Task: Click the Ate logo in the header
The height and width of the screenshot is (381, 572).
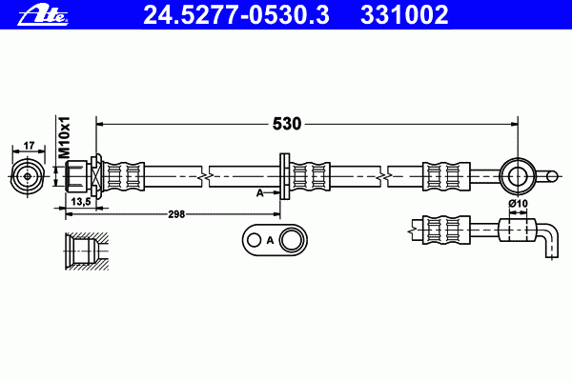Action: tap(43, 15)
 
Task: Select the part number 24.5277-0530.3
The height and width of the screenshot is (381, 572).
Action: tap(236, 15)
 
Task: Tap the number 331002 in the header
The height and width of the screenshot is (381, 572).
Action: tap(404, 15)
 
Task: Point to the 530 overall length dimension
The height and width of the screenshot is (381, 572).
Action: tap(287, 124)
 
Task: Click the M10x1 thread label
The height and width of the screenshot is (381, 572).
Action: tap(65, 138)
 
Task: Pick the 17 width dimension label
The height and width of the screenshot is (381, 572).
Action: tap(29, 146)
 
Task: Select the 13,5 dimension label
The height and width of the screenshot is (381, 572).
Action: tap(81, 202)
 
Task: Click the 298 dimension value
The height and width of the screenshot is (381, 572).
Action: tap(176, 214)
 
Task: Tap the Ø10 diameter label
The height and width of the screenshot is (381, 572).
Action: tap(518, 204)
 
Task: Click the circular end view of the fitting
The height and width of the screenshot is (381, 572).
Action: tap(28, 176)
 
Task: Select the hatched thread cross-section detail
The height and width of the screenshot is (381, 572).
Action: tap(87, 251)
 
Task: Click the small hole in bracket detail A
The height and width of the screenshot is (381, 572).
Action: tap(254, 240)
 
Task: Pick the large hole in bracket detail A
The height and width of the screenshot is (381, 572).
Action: tap(292, 240)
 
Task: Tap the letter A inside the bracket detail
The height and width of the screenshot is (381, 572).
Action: tap(270, 241)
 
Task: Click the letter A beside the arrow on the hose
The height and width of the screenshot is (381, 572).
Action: tap(259, 192)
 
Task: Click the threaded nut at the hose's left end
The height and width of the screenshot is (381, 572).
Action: tap(76, 176)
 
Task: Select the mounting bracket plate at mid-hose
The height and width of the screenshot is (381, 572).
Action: tap(284, 176)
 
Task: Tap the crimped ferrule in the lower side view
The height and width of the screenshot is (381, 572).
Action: tap(446, 231)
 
